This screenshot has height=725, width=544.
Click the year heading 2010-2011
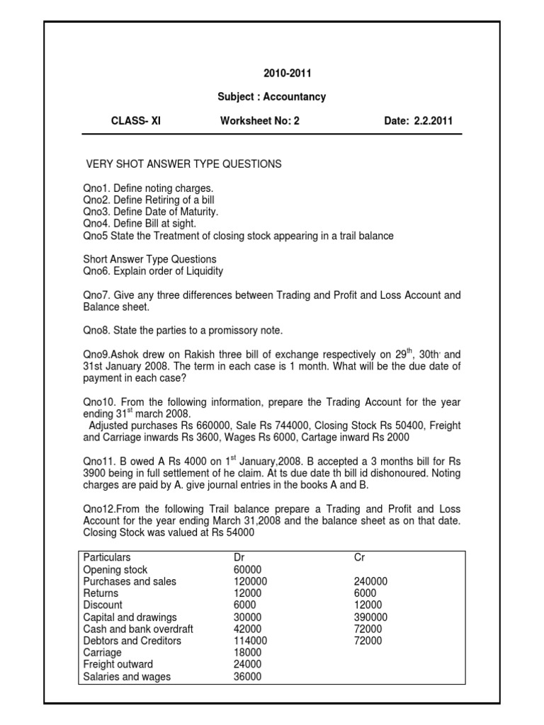point(288,73)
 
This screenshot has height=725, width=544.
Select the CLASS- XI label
point(136,121)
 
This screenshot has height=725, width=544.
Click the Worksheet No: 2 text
point(260,121)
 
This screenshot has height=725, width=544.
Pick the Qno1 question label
point(96,188)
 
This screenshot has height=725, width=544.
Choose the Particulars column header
point(107,558)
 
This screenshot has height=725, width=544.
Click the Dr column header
point(239,558)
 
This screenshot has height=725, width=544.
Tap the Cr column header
point(359,558)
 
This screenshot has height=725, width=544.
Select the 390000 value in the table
point(371,617)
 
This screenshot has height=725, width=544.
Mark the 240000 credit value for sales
point(371,581)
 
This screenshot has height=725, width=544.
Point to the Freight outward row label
point(118,665)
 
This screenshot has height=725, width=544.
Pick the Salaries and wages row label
point(127,677)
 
